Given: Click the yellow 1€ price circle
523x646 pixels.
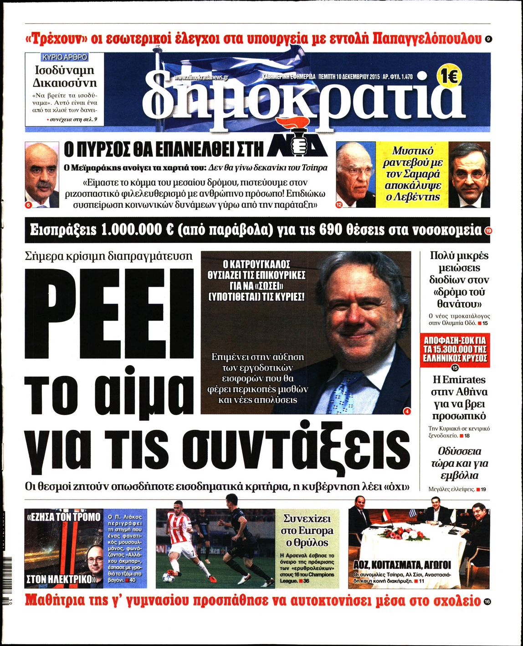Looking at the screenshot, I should [x=450, y=77].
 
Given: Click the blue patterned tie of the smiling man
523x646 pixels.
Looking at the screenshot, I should [x=346, y=392].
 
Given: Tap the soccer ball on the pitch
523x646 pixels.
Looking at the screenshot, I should [x=167, y=578].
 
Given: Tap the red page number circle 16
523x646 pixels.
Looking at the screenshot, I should [x=487, y=602].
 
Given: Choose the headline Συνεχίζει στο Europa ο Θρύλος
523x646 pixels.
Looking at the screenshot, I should [x=308, y=531].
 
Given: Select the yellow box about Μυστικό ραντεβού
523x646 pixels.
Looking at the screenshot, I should [x=412, y=174].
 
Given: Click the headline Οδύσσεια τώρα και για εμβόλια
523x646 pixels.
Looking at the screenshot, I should [x=459, y=463].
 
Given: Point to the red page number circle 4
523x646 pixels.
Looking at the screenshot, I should [x=407, y=411].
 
